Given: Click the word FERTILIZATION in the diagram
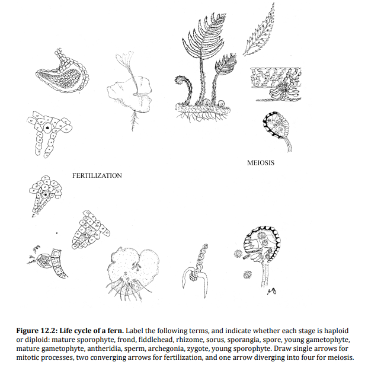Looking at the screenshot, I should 97,175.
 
